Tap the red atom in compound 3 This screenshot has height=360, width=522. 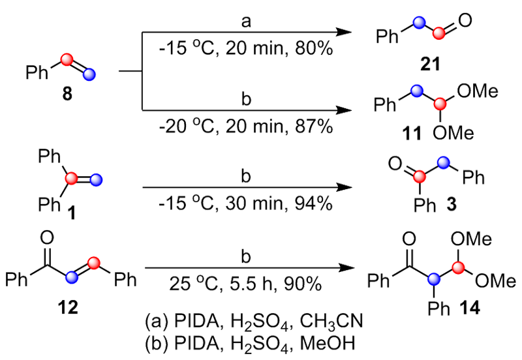click(x=424, y=174)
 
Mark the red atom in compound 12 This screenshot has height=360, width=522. click(x=95, y=262)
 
